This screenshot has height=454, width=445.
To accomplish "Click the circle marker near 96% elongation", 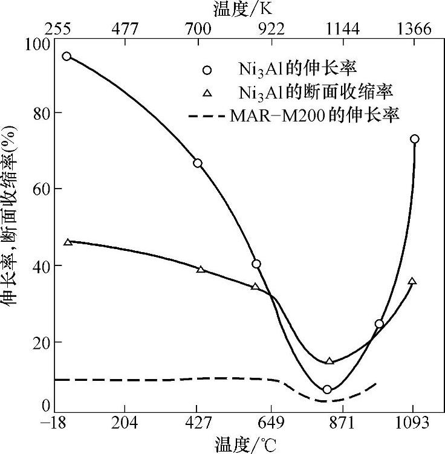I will click(x=67, y=56).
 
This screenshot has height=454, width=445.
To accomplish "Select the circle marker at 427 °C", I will click(x=198, y=163).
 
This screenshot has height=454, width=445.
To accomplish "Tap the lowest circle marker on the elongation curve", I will click(x=327, y=389).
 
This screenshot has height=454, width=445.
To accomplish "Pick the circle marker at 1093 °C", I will click(x=415, y=139).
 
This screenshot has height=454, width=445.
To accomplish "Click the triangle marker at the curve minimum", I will click(x=330, y=361).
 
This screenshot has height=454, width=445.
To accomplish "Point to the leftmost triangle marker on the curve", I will click(x=68, y=242).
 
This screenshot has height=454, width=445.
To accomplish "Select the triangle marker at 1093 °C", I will click(x=412, y=281).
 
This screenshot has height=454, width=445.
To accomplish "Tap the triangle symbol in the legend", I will click(x=207, y=92).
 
